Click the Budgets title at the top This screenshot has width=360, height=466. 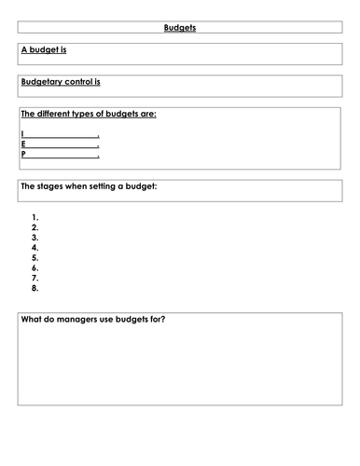tap(179, 28)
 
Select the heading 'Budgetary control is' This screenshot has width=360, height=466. tap(60, 81)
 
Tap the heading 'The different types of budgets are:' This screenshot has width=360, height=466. tap(88, 114)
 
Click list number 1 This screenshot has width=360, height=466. tap(35, 217)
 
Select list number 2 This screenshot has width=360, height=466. tap(35, 227)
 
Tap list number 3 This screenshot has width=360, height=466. tap(35, 238)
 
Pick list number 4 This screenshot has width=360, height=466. tap(35, 248)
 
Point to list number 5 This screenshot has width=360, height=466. tap(35, 258)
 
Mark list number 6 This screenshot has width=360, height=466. tap(35, 268)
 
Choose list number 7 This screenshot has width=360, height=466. tap(35, 278)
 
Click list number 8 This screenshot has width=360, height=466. tap(35, 288)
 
